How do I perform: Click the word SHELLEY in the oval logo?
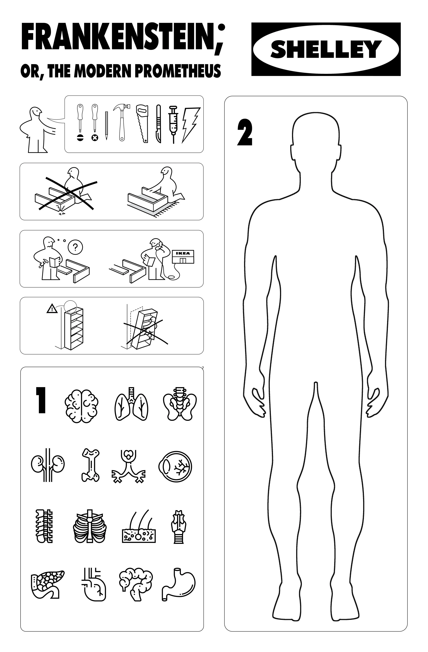(326, 49)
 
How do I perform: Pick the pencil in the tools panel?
(106, 125)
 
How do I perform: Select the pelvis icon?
(179, 404)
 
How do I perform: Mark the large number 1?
(41, 400)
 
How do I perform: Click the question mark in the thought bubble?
(75, 247)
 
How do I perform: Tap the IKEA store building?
(182, 256)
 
